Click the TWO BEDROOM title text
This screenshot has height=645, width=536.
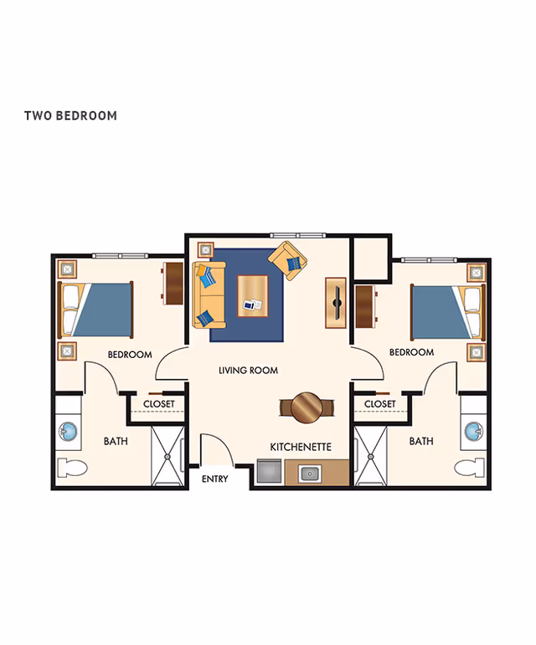point(70,115)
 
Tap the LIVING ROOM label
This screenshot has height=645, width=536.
point(248,370)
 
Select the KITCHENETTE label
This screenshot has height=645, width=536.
point(301,448)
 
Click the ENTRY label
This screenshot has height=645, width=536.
point(215,479)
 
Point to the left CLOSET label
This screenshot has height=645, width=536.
point(158,404)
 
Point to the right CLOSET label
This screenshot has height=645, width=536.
point(379,404)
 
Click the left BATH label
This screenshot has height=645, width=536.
point(116,441)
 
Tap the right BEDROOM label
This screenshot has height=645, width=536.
point(411,352)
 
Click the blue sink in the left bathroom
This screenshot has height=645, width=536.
point(68,433)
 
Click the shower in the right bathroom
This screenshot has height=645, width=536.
point(371,457)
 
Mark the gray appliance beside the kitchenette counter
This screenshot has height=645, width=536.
point(269,474)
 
